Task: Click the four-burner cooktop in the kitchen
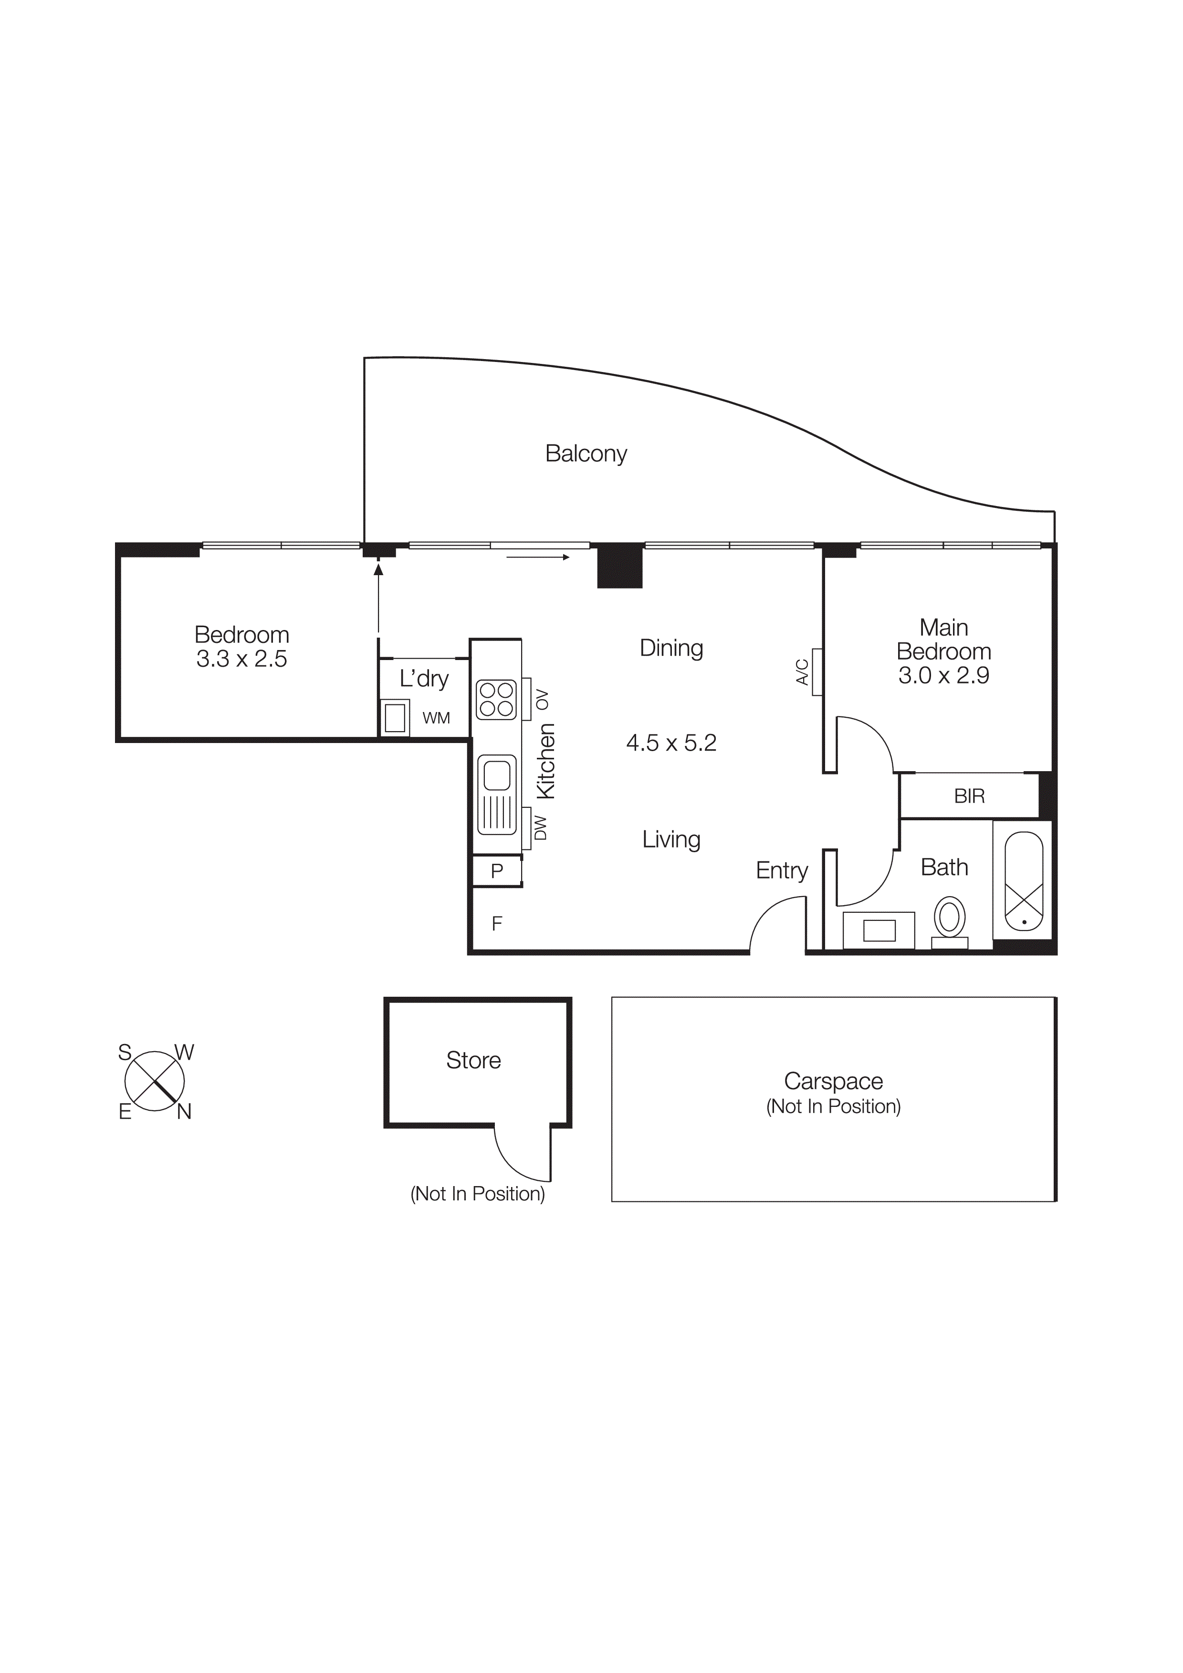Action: [x=496, y=700]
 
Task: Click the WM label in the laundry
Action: [x=436, y=718]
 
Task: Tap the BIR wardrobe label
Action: [x=969, y=796]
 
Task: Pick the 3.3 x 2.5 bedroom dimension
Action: [x=241, y=660]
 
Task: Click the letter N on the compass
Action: [x=184, y=1112]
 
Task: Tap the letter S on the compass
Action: [x=125, y=1052]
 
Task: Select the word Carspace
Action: [x=833, y=1081]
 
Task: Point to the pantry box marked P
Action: [x=497, y=871]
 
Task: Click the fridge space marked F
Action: [x=497, y=924]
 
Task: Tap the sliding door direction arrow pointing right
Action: [x=538, y=558]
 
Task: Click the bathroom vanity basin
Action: [x=879, y=930]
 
